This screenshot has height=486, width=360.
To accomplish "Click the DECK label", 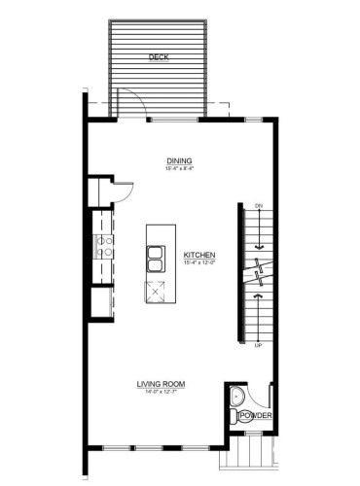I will coord(158,58).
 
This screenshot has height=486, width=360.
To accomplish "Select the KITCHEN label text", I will coord(199,257).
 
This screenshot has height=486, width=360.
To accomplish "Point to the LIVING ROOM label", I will coord(161,384).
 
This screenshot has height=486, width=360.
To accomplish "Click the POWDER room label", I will coord(255,417).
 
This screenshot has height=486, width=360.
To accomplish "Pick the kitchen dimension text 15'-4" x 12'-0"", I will coord(199,265).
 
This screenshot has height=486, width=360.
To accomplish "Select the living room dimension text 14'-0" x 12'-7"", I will coord(161,393).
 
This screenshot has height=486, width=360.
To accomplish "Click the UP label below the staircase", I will coord(258,346).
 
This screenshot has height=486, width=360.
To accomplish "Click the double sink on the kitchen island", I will coord(156,259).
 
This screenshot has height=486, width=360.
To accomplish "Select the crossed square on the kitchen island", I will coord(156,290).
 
